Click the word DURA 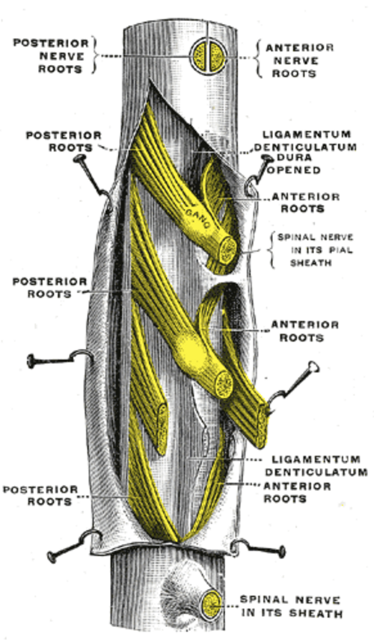pyautogui.click(x=295, y=158)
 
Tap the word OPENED pyautogui.click(x=294, y=170)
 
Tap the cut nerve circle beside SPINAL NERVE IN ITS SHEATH pyautogui.click(x=212, y=605)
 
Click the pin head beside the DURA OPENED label pyautogui.click(x=267, y=158)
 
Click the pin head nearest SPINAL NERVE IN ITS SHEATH pyautogui.click(x=281, y=552)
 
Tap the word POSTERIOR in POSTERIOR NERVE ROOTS pyautogui.click(x=51, y=43)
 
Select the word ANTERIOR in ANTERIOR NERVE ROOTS pyautogui.click(x=300, y=48)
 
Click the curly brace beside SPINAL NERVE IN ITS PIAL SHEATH pyautogui.click(x=272, y=250)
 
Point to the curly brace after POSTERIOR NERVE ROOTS pyautogui.click(x=96, y=56)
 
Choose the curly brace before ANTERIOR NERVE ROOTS pyautogui.click(x=259, y=60)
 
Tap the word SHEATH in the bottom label pyautogui.click(x=316, y=614)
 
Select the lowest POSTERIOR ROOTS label pyautogui.click(x=40, y=496)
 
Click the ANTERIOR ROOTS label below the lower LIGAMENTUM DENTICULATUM pyautogui.click(x=297, y=493)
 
